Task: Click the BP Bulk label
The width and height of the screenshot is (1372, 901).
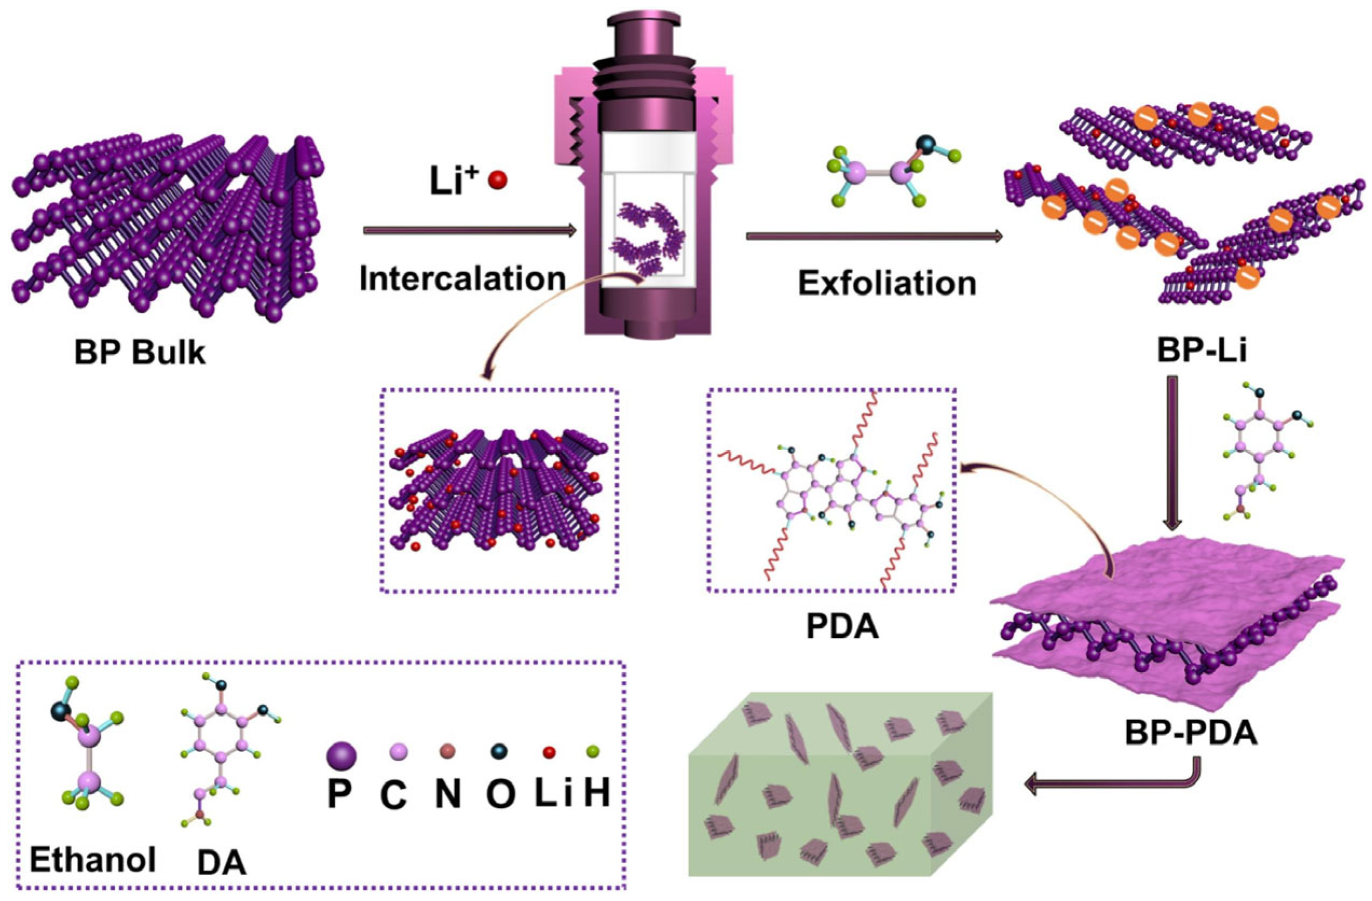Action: (140, 352)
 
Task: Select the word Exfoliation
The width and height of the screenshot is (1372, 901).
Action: (887, 284)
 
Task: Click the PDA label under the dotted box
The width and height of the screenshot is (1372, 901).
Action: (842, 626)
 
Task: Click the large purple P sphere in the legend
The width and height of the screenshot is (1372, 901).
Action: (341, 756)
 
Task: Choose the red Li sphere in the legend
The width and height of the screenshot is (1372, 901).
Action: (549, 752)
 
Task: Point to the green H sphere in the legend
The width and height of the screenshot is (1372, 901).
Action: (592, 751)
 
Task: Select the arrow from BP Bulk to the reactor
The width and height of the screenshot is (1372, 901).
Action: (470, 231)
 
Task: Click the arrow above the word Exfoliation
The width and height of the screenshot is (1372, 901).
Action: (874, 236)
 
